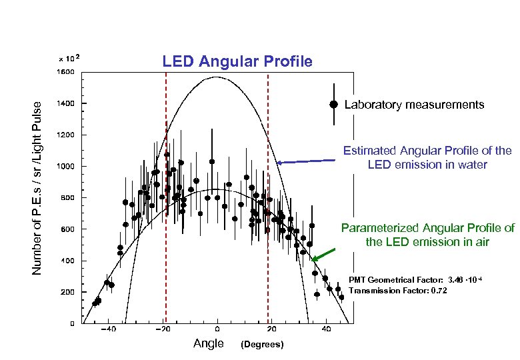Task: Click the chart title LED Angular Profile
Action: pos(237,62)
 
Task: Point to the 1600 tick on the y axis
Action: pos(65,71)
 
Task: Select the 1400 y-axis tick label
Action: pos(65,103)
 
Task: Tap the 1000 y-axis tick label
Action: pos(65,166)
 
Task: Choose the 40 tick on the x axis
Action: pos(326,329)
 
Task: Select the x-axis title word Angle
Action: pos(208,343)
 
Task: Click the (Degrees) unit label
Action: pos(262,344)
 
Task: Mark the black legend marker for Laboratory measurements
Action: pos(333,104)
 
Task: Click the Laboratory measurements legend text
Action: pos(414,105)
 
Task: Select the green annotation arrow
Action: pos(323,254)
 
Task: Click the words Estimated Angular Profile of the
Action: pos(427,151)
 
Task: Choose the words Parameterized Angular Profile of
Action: pos(427,228)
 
